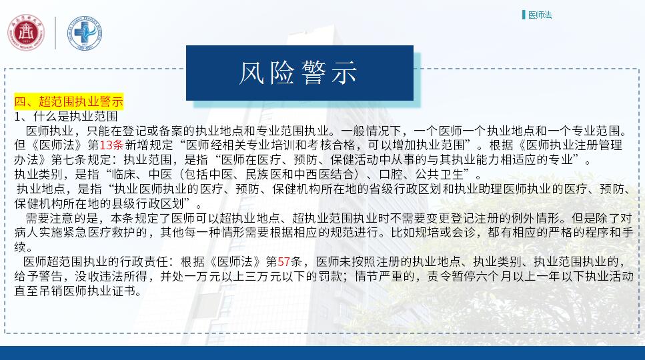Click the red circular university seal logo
coord(26,33)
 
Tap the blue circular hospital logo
coord(85,33)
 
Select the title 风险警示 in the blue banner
coord(298,73)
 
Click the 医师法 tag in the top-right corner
coord(540,15)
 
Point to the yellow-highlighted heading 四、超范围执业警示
coord(69,101)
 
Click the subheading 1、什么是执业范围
coord(66,116)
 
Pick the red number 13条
coord(111,145)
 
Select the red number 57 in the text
coord(284,261)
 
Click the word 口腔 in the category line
coord(391,174)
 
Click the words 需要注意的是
coord(62,218)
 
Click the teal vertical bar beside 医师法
coord(524,15)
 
